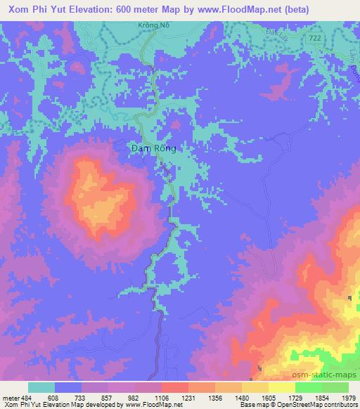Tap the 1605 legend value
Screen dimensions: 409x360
click(x=268, y=397)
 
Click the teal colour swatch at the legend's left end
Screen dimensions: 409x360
click(x=41, y=387)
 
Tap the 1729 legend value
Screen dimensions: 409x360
click(x=295, y=397)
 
